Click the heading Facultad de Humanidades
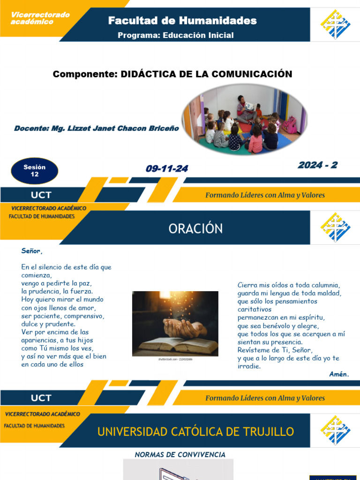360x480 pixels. [x=182, y=21]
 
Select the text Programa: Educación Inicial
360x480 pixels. [x=175, y=36]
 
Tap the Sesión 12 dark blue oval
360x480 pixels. [x=35, y=171]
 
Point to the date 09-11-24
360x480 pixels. [x=166, y=169]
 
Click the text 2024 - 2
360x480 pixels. [x=317, y=165]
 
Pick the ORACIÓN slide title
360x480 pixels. [x=195, y=229]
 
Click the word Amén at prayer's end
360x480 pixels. [x=339, y=374]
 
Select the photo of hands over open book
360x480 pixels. [x=175, y=323]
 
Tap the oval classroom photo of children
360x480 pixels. [x=243, y=120]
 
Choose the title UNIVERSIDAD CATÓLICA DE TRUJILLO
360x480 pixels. [x=195, y=432]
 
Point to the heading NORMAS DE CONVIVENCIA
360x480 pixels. [x=180, y=455]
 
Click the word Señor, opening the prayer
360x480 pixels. [x=32, y=251]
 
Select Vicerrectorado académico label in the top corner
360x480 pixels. [x=40, y=18]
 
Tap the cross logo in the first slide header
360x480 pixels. [x=335, y=24]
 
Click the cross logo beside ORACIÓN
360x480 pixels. [x=335, y=227]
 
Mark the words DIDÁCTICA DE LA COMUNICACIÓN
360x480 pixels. [x=206, y=74]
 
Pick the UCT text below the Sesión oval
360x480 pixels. [x=41, y=195]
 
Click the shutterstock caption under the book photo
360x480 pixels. [x=175, y=359]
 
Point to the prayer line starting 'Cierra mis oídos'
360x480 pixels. [x=288, y=285]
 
